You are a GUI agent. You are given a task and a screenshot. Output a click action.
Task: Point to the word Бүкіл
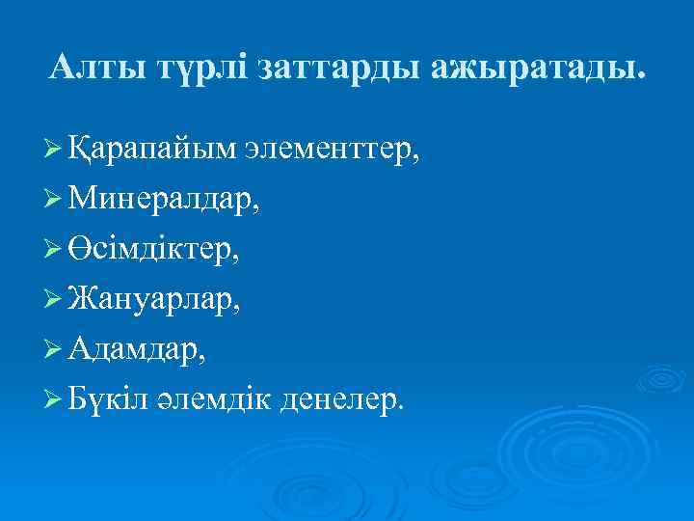108,401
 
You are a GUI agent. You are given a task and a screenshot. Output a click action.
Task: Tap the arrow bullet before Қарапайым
55,151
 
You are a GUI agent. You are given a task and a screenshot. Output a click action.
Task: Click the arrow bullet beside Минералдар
55,202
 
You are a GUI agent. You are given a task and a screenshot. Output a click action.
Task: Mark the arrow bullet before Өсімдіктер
55,252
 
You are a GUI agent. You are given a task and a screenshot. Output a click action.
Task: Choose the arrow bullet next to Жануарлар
55,302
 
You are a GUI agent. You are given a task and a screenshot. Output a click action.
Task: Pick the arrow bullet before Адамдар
55,352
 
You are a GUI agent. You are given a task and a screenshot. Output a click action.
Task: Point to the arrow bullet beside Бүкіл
55,402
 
